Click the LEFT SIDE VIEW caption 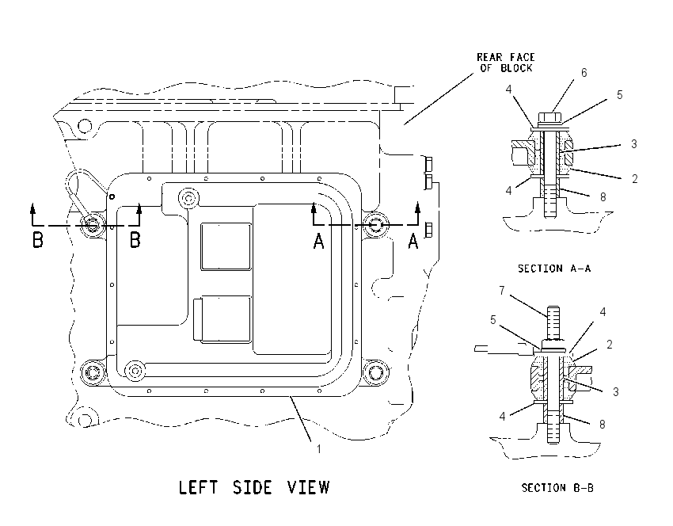click(x=254, y=487)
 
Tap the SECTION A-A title click(x=554, y=269)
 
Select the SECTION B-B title click(x=557, y=488)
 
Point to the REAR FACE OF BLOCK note click(x=506, y=63)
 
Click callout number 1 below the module click(x=318, y=449)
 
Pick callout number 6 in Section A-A click(x=584, y=73)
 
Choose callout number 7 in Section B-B click(x=502, y=291)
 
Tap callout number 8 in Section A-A click(x=603, y=197)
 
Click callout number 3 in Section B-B click(x=615, y=391)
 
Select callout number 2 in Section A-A click(x=634, y=178)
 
